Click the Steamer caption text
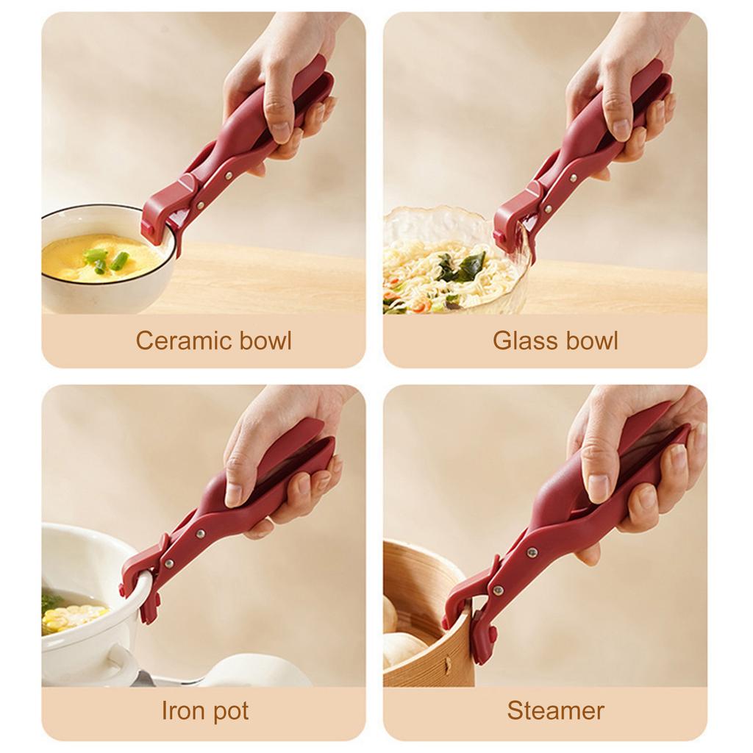click(x=555, y=711)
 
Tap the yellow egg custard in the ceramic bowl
click(x=74, y=257)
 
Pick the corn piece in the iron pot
click(x=74, y=618)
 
